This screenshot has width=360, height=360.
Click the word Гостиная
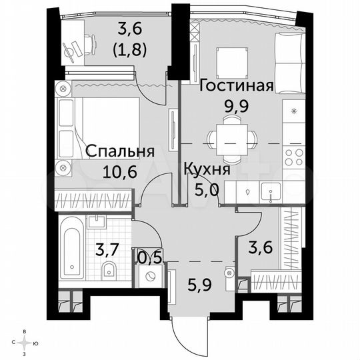235,85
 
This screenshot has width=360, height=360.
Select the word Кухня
207,169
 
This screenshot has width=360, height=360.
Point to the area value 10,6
120,171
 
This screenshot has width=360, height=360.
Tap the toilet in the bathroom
109,271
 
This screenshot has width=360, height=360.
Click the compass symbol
25,343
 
